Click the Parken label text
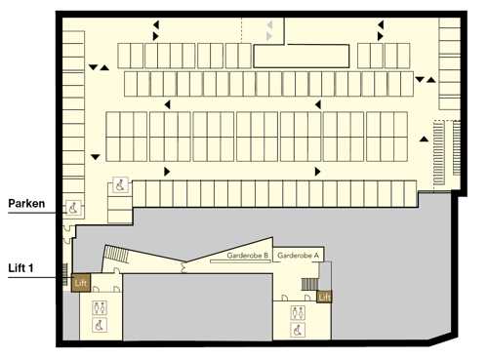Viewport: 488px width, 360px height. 26,204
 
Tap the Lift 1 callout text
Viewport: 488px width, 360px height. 20,268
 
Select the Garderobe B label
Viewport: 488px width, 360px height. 247,256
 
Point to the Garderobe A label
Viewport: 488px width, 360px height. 298,256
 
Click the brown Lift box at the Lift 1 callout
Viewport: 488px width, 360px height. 81,283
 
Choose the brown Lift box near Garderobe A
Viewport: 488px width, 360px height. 324,297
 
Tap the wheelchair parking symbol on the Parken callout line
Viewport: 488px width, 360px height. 73,208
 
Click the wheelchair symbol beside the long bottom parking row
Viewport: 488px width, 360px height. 120,185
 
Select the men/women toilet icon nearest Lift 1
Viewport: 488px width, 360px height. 100,307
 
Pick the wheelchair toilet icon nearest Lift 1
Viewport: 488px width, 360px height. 100,325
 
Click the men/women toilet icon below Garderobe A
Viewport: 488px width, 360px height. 298,313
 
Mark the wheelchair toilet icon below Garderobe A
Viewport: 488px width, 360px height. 298,330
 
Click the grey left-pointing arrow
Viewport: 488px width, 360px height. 269,24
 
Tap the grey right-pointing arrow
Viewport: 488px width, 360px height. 269,36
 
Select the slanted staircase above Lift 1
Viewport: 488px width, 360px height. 116,254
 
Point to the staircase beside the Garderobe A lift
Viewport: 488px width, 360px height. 309,284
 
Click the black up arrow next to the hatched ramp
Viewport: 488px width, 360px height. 424,139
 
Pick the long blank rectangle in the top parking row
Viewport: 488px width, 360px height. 302,56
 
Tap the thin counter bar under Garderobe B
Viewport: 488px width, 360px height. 240,261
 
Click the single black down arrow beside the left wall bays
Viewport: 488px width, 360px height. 95,157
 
